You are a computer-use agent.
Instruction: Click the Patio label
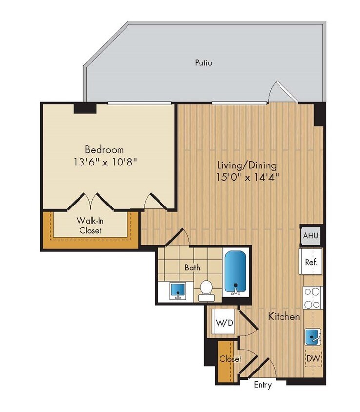pos(203,62)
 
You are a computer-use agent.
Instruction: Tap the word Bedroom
pos(104,149)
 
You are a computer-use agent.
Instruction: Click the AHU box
pos(311,236)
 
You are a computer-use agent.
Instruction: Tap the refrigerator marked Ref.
pos(311,262)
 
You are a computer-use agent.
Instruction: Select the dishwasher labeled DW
pos(313,359)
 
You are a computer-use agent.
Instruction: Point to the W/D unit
pos(223,323)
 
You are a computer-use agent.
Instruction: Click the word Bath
pos(192,268)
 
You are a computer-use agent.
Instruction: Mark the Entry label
pos(262,385)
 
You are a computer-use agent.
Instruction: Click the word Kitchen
pos(283,317)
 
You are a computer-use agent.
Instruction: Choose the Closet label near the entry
pos(230,359)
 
